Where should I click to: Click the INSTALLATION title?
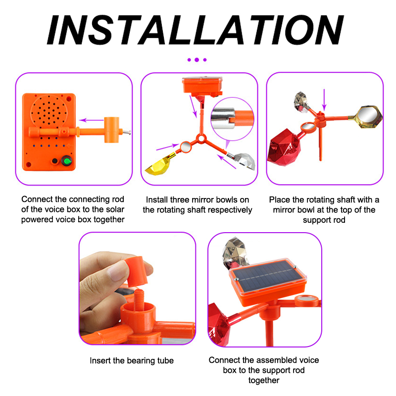195,30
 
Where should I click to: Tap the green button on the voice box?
67,161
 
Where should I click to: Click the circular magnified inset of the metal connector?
232,119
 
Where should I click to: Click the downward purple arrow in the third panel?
324,100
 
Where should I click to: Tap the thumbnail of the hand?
117,271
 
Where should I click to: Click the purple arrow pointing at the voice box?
92,120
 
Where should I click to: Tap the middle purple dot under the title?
197,60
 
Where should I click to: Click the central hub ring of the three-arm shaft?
201,139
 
